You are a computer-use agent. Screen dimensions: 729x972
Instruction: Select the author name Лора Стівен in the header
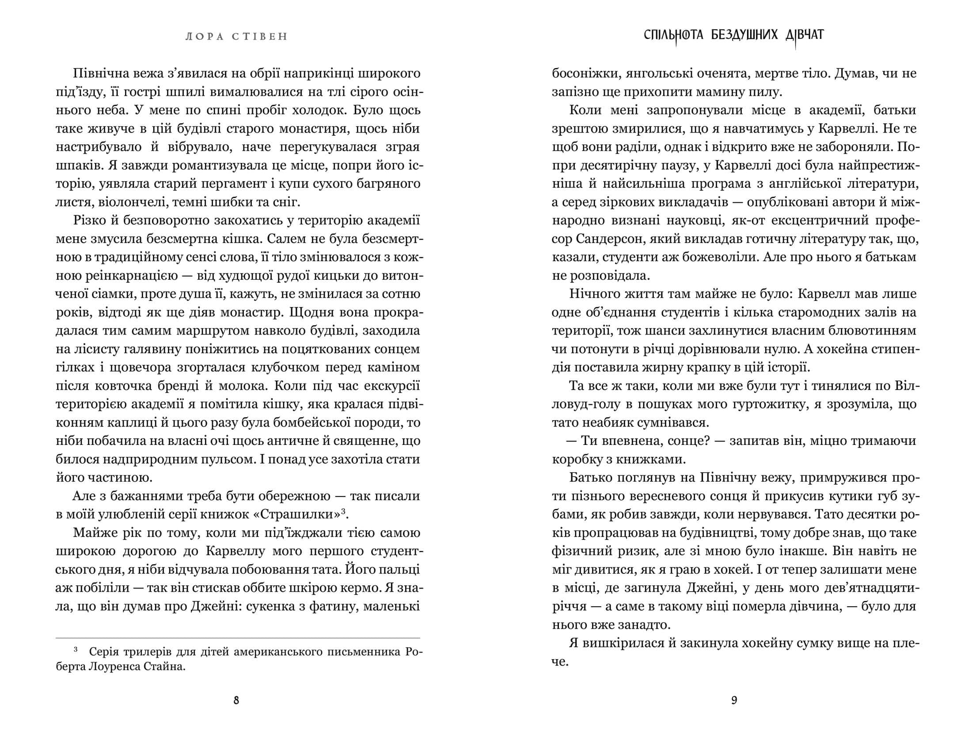click(236, 37)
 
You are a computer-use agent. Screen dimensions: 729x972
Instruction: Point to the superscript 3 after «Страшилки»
click(342, 512)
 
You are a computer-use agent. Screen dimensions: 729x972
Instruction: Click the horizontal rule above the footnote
click(238, 638)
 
